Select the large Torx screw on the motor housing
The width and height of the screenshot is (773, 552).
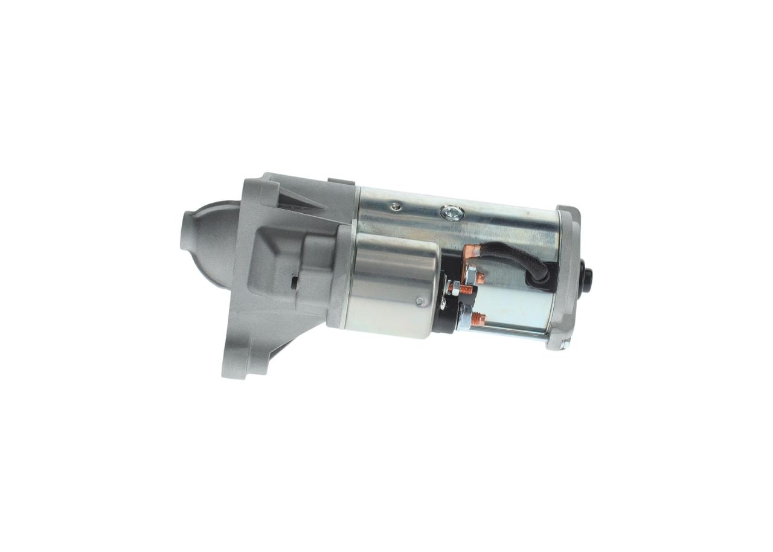click(452, 213)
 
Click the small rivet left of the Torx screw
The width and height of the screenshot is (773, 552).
click(395, 207)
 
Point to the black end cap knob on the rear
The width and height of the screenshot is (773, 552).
click(585, 280)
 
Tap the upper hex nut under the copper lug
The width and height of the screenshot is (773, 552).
click(470, 275)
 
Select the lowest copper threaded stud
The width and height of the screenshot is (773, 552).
click(478, 319)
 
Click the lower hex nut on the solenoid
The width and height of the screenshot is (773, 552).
click(464, 316)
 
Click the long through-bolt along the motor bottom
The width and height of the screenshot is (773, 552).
click(513, 331)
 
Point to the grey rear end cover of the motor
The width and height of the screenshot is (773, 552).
click(566, 278)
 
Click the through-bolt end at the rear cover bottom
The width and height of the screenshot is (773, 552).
click(563, 345)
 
